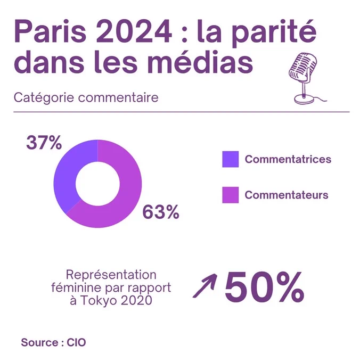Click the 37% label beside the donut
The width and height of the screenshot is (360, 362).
[x=44, y=143]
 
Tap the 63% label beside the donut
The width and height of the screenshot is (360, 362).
[x=161, y=212]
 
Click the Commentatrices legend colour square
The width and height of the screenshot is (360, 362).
[x=230, y=159]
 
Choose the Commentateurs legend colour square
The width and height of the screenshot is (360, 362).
[x=230, y=195]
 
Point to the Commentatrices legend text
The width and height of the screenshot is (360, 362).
[x=288, y=159]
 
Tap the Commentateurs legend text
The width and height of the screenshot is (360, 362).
[x=287, y=195]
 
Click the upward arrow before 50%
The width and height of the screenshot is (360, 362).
[x=205, y=285]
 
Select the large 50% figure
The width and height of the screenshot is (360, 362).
[x=264, y=287]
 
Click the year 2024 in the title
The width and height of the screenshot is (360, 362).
[x=134, y=31]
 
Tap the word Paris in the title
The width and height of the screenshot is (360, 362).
[x=50, y=31]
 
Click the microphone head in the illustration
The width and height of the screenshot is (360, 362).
[x=302, y=68]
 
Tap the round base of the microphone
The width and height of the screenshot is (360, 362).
[x=304, y=99]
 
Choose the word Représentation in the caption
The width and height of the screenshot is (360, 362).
[x=111, y=275]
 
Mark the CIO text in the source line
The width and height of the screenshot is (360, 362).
[x=76, y=342]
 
